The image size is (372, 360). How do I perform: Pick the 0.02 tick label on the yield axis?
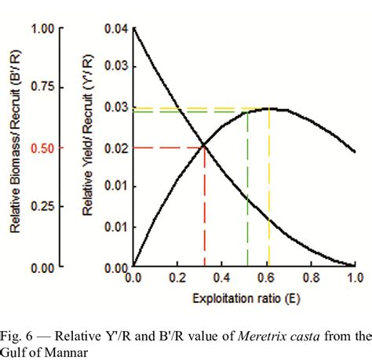click(116, 147)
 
